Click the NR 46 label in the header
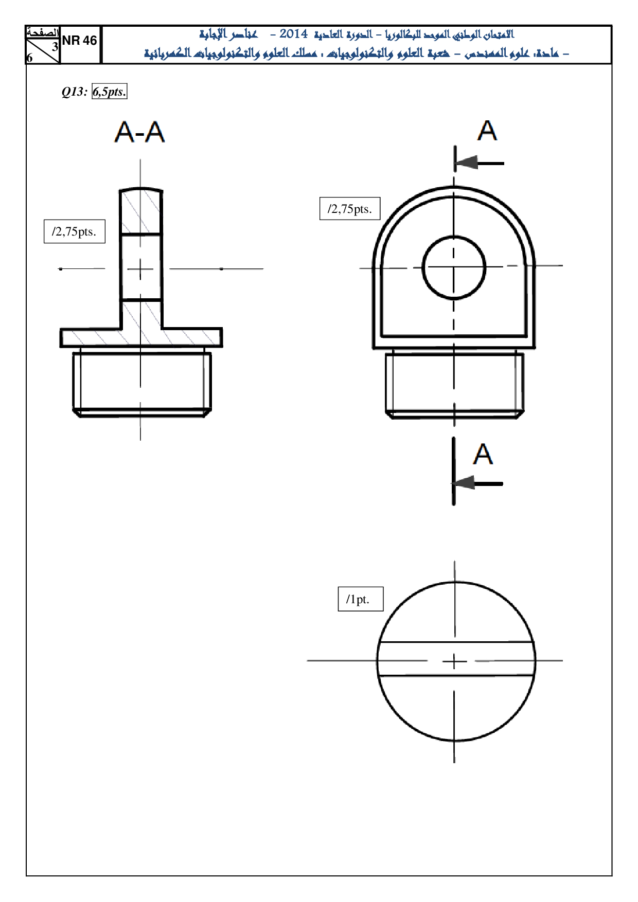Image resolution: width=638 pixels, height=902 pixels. point(79,41)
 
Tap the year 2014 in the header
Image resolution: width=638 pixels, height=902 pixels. point(293,34)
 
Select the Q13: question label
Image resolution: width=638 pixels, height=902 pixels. point(75,92)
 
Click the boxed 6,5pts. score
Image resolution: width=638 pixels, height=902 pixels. point(109,92)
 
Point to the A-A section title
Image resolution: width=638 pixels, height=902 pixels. point(139,132)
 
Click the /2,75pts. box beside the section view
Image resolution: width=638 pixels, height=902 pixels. point(75,231)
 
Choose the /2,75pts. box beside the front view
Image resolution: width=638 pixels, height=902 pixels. point(350,209)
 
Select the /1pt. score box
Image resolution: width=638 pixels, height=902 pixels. point(361,599)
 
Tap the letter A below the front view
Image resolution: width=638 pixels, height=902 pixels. point(483,454)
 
